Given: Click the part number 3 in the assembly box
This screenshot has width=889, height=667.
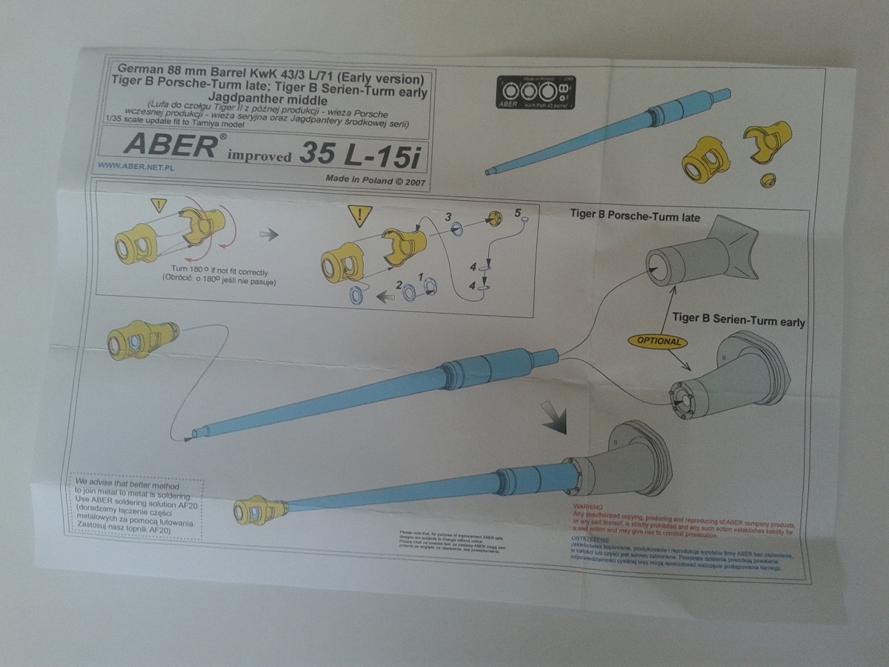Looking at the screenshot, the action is (448, 216).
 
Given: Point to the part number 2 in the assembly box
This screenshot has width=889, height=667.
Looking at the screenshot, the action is (399, 285).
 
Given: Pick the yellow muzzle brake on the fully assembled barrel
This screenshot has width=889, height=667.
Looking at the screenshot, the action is (259, 511).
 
